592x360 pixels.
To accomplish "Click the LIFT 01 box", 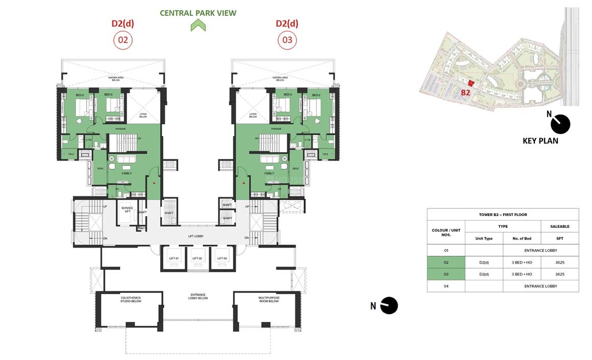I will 174,258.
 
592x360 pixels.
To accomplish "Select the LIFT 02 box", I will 198,258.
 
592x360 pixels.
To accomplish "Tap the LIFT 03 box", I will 221,258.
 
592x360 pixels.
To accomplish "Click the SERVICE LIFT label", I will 127,209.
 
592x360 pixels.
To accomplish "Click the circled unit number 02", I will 122,40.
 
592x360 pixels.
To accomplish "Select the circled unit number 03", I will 287,40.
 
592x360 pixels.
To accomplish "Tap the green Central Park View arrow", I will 198,26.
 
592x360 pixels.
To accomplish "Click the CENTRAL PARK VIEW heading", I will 198,13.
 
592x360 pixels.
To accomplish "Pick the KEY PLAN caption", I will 540,141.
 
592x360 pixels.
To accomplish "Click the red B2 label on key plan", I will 465,92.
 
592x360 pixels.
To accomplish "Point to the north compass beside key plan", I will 560,124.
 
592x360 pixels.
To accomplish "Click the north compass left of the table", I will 389,305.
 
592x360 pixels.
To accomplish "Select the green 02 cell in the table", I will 446,262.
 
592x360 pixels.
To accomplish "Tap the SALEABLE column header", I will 559,226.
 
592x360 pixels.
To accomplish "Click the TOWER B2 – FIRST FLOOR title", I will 503,214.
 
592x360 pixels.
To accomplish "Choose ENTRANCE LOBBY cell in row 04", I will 540,286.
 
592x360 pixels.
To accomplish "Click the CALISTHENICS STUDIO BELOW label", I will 131,300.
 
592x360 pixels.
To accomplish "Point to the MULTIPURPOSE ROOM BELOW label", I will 268,300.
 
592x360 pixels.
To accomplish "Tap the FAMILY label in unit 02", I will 127,173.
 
